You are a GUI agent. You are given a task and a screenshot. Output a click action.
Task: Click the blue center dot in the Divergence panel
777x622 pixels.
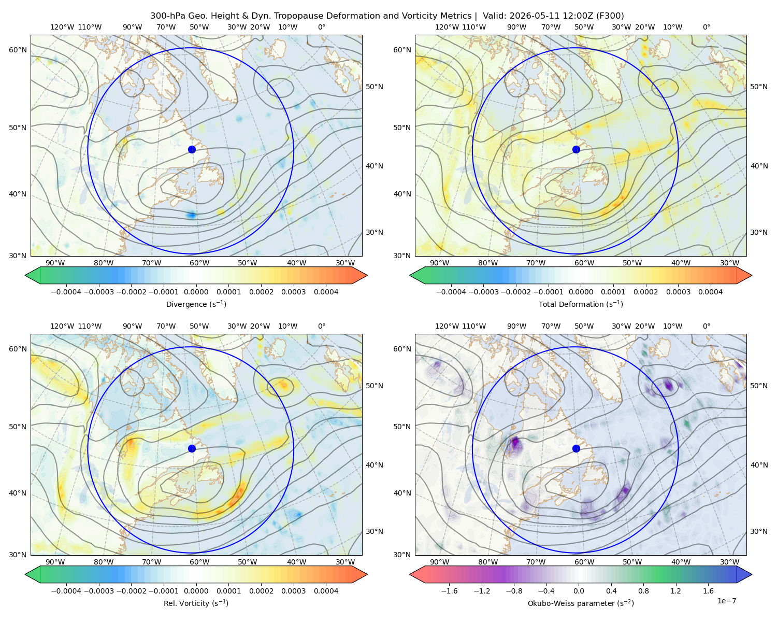(x=192, y=149)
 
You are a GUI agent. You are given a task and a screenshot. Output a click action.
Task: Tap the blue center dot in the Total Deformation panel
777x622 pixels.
(x=576, y=149)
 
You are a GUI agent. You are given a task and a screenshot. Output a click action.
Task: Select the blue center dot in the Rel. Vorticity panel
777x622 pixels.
(x=192, y=448)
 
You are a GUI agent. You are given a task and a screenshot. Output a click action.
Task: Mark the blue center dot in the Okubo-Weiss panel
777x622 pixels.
(x=576, y=448)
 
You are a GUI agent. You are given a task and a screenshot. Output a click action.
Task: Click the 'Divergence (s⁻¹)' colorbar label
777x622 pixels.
(x=196, y=304)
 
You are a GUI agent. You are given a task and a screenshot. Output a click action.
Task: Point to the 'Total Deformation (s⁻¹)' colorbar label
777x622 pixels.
(x=581, y=304)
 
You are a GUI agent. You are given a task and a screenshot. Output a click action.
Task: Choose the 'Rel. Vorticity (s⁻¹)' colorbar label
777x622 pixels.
(x=196, y=603)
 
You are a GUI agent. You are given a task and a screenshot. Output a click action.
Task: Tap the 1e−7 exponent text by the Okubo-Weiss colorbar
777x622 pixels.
(x=726, y=601)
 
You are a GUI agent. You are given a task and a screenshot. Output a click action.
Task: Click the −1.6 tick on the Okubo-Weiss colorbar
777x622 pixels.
(x=449, y=590)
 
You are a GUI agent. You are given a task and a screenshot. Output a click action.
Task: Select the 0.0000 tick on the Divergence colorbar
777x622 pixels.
(x=196, y=292)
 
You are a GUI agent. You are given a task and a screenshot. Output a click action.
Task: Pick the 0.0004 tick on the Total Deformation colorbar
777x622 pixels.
(x=710, y=292)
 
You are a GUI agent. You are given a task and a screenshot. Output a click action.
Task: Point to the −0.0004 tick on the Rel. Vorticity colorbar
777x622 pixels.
(x=66, y=590)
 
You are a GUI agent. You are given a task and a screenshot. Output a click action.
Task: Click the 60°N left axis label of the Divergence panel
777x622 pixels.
(x=18, y=50)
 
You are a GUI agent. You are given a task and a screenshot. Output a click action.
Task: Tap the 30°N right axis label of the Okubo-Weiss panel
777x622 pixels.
(x=758, y=531)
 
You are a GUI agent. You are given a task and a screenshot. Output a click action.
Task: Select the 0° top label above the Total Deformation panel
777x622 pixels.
(x=706, y=27)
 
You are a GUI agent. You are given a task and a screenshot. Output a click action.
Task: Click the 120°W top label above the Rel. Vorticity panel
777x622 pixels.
(x=62, y=326)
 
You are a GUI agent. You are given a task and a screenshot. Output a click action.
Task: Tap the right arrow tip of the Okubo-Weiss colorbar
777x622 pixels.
(x=752, y=574)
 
